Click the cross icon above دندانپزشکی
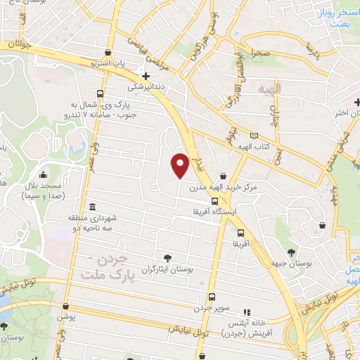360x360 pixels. tap(146, 76)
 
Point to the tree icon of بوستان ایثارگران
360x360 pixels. tap(167, 257)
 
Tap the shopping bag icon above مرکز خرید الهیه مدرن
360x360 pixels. tap(223, 176)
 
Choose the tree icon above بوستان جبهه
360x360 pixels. tap(291, 251)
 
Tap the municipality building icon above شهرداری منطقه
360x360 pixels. tap(93, 206)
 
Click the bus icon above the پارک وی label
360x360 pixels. tap(101, 94)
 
